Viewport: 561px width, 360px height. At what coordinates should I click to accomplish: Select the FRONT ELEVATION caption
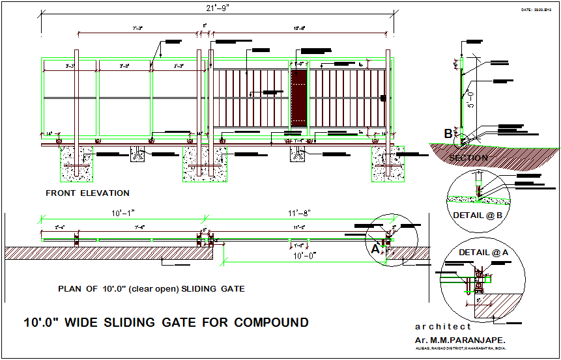(87, 193)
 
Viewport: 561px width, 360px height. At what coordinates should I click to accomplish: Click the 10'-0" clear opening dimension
(303, 255)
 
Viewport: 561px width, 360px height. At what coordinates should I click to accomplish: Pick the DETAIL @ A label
(483, 252)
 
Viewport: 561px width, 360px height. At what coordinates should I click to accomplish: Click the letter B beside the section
(448, 134)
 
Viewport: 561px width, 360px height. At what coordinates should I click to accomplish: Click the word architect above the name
(442, 327)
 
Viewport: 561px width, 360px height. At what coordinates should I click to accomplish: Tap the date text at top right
(536, 10)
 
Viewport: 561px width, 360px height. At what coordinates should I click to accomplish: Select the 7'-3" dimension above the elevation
(137, 29)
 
